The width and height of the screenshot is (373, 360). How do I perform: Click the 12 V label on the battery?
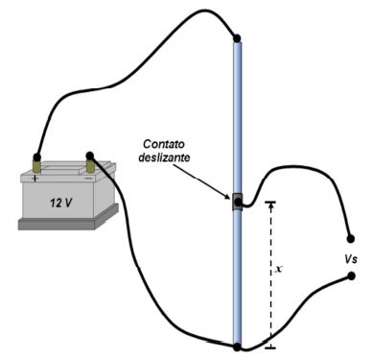pos(60,203)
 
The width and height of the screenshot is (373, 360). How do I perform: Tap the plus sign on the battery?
pos(35,178)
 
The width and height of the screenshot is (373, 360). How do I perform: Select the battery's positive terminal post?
pos(37,166)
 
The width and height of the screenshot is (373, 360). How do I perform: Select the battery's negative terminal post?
pos(91,165)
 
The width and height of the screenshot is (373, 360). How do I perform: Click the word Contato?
pos(164,144)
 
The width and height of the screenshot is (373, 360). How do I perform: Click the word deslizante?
pos(164,157)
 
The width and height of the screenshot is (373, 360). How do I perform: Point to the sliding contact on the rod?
pos(238,202)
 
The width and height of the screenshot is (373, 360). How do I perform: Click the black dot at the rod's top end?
pos(237,38)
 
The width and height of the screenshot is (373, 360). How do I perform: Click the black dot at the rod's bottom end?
pos(237,347)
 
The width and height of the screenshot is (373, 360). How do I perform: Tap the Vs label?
pos(351,259)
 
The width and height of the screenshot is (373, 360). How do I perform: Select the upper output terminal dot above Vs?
pos(351,239)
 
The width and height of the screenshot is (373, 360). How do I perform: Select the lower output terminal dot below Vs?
pos(351,276)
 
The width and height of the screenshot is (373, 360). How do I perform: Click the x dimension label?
pos(279,269)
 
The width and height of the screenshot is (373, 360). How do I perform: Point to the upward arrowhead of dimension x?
pos(271,205)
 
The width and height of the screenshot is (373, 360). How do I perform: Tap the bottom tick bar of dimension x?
pos(271,348)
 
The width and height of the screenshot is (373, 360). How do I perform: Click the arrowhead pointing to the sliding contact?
pos(228,196)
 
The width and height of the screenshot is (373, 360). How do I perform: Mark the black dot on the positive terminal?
pos(37,157)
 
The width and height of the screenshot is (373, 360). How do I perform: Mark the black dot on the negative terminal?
pos(90,156)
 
